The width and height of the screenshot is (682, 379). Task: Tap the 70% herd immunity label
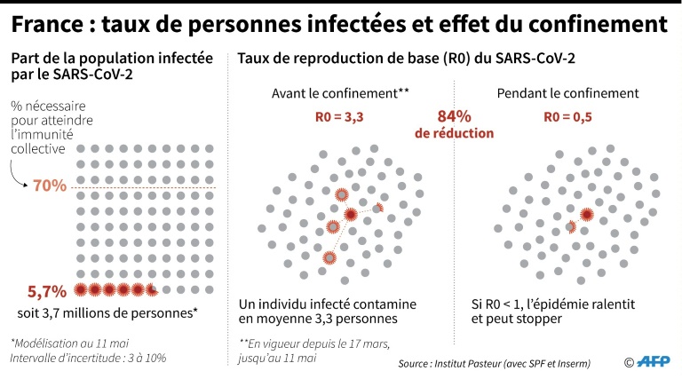pos(51,186)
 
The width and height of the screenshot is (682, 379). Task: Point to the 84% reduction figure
pos(454,116)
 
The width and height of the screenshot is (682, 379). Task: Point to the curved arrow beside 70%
pos(20,181)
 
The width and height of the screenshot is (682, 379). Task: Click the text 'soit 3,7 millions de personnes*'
pos(107,312)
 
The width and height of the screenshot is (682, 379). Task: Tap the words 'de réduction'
pos(454,133)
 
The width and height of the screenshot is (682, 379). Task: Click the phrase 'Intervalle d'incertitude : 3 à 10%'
pos(89,358)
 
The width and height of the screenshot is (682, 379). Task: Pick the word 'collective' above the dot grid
pos(38,148)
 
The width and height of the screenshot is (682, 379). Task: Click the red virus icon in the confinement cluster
pos(587,213)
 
